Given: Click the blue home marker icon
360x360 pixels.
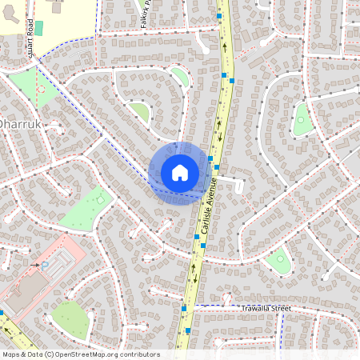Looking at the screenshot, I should [179, 173].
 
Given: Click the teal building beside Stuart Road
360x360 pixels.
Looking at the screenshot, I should [38, 28].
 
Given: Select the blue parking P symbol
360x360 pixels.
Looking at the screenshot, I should [44, 265].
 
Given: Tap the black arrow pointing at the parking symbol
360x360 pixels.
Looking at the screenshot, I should [34, 263].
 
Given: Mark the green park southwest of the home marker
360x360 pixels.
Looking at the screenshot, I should [84, 209].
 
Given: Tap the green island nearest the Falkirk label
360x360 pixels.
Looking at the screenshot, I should [178, 76].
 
